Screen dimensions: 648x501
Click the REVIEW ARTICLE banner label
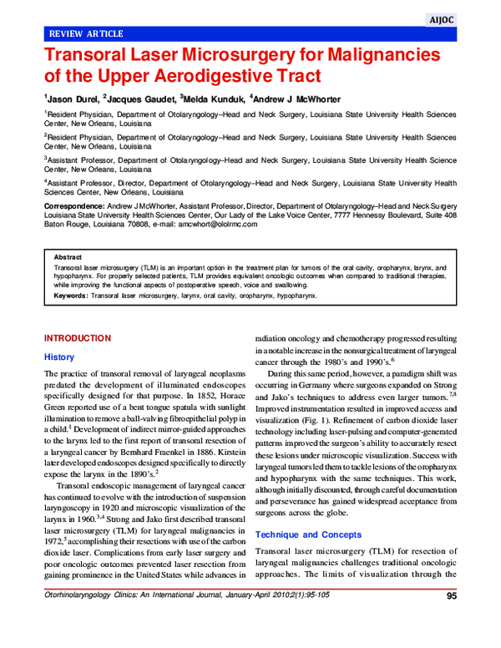[x=87, y=33]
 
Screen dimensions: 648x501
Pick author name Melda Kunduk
[x=210, y=99]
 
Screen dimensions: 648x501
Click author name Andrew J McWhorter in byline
[x=296, y=99]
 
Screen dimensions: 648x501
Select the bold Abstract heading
[x=68, y=257]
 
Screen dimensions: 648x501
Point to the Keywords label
[x=70, y=296]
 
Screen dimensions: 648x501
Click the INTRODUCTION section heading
[x=77, y=338]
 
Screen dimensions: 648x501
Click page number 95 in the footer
[x=451, y=620]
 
